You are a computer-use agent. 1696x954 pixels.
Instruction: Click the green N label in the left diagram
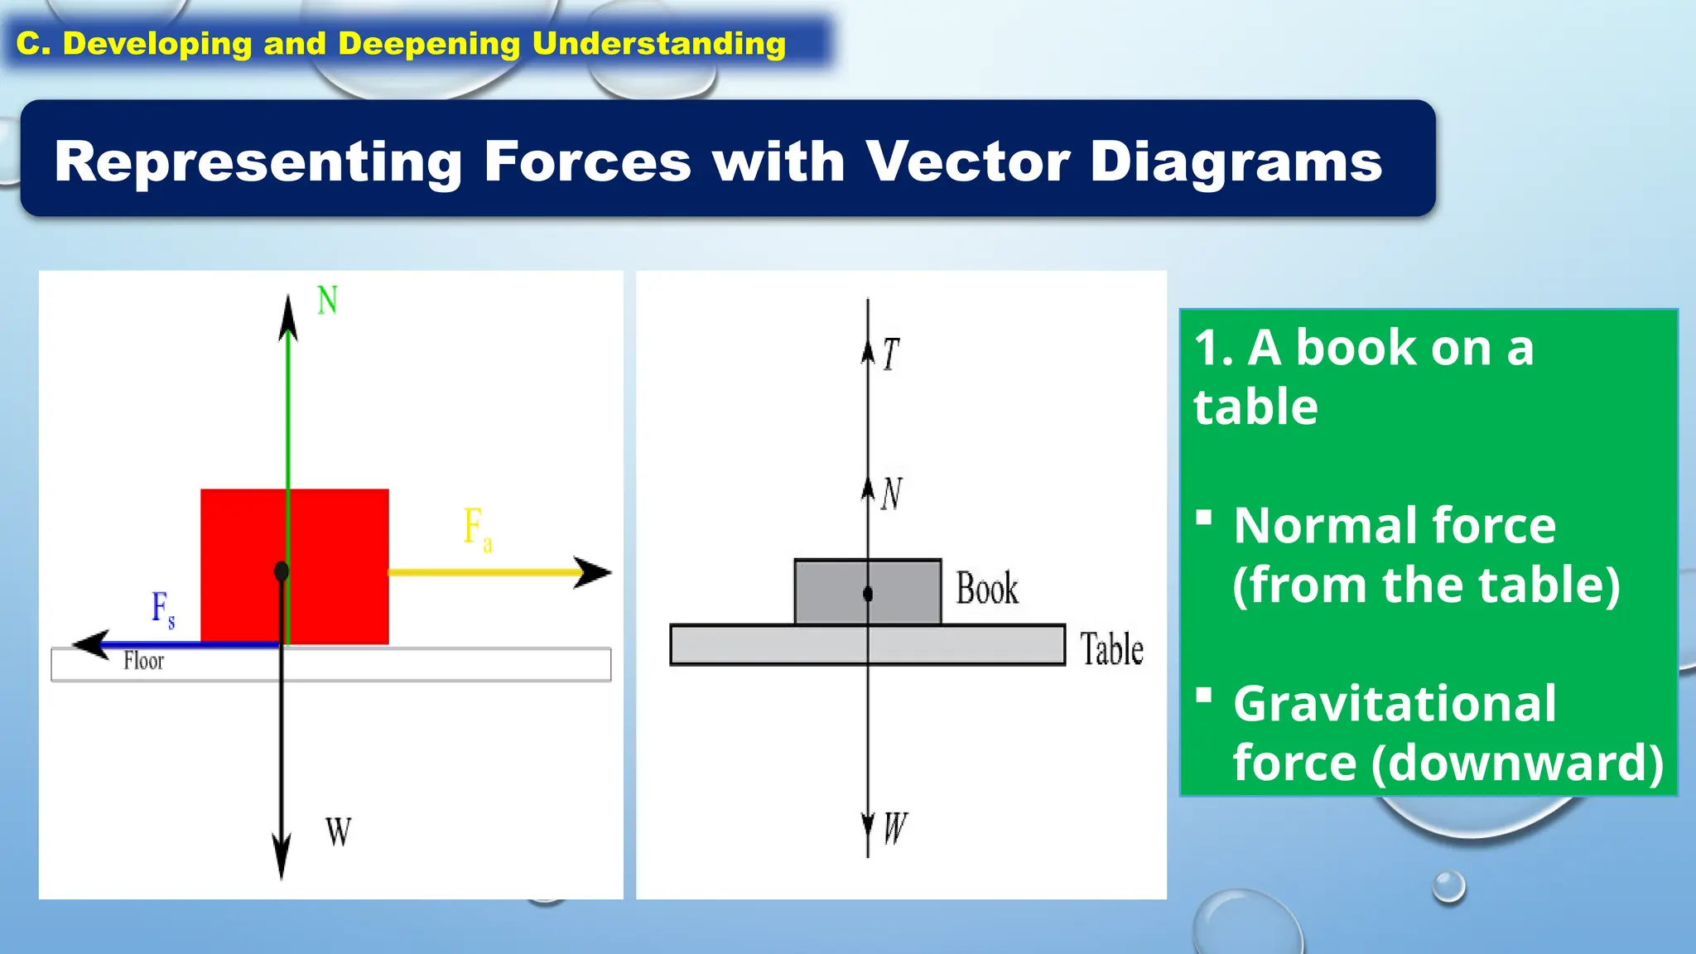click(x=327, y=300)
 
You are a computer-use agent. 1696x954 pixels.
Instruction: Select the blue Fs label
click(x=162, y=609)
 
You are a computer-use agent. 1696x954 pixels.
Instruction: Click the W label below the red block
click(x=338, y=831)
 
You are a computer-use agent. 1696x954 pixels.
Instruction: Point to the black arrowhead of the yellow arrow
click(x=593, y=572)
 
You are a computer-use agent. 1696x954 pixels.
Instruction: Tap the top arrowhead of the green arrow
click(x=287, y=318)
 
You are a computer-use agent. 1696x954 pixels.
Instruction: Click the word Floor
click(x=143, y=661)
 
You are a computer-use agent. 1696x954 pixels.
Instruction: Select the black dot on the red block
click(x=282, y=571)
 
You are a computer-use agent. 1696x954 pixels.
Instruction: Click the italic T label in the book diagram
click(x=890, y=354)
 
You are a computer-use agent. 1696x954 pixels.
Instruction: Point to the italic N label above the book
click(x=891, y=494)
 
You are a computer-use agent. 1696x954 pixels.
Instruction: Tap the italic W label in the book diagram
click(x=895, y=828)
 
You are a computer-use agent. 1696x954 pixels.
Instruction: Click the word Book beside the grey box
click(x=986, y=589)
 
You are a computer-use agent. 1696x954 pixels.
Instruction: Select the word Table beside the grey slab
click(x=1111, y=648)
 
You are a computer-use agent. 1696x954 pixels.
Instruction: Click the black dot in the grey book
click(x=868, y=594)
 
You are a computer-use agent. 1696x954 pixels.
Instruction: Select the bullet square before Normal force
click(x=1204, y=518)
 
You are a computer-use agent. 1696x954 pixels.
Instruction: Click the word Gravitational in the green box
click(x=1395, y=704)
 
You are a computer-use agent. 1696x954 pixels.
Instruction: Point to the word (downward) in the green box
click(x=1517, y=763)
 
